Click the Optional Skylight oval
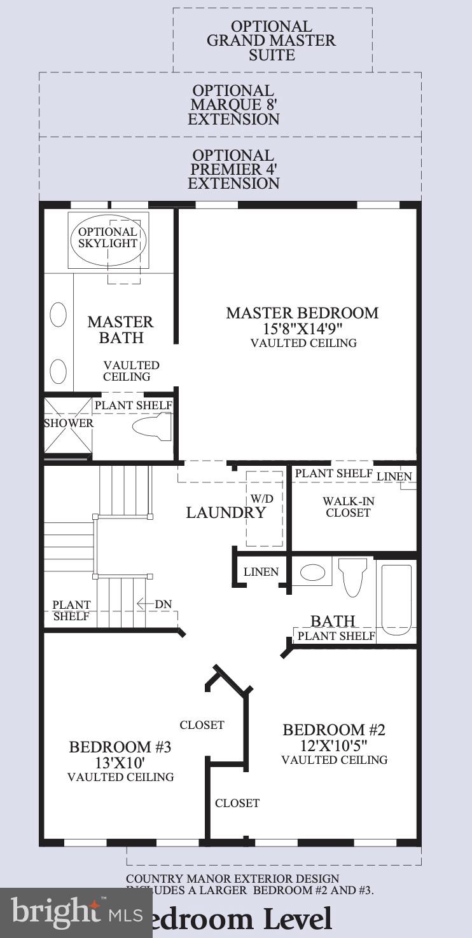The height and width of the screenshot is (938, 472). coord(108,238)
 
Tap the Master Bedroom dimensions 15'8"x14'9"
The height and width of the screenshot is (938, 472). coord(302,329)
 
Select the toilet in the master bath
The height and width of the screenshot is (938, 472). coord(153,426)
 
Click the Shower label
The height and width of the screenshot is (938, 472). coord(68,423)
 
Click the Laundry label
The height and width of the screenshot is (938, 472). coord(225,513)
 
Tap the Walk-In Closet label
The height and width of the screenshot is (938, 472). coord(348,506)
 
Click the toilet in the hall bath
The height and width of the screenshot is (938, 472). coord(352,575)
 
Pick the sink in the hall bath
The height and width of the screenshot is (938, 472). coord(312,572)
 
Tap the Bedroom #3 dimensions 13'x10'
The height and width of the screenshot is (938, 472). coord(120,762)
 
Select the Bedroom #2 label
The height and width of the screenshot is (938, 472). coord(334,730)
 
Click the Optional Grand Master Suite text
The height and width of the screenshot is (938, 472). coord(272,41)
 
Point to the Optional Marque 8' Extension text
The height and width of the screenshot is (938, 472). coord(233,105)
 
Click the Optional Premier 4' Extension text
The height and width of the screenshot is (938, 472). coord(233,170)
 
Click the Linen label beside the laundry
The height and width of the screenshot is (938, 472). coord(261,572)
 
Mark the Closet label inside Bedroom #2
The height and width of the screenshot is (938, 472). coord(237,803)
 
